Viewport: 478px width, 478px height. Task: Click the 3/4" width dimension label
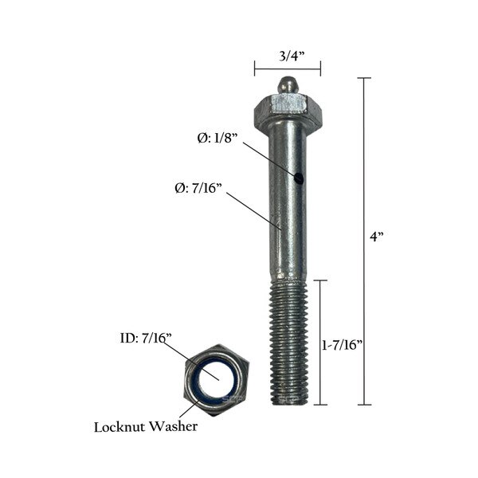pyautogui.click(x=288, y=55)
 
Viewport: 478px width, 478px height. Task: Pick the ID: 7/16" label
pyautogui.click(x=140, y=339)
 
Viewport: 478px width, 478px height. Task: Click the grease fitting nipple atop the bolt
pyautogui.click(x=288, y=83)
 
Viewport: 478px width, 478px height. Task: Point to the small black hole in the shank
pyautogui.click(x=298, y=178)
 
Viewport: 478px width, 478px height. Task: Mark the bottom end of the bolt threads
pyautogui.click(x=290, y=402)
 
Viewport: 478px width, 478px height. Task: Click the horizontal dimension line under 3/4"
pyautogui.click(x=288, y=69)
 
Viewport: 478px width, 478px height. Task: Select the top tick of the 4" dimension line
pyautogui.click(x=364, y=78)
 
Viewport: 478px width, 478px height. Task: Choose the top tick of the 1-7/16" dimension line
pyautogui.click(x=320, y=280)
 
